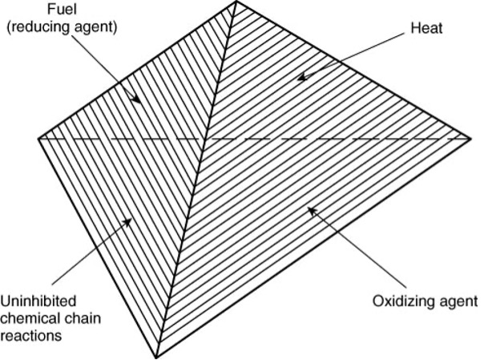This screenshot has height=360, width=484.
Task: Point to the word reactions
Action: (x=30, y=337)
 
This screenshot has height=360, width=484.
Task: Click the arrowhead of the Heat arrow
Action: (x=300, y=78)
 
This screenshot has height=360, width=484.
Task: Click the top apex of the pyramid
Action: (x=236, y=2)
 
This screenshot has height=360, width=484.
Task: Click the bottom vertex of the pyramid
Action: (x=155, y=358)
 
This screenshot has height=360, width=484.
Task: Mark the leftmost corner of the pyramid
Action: (x=38, y=138)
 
